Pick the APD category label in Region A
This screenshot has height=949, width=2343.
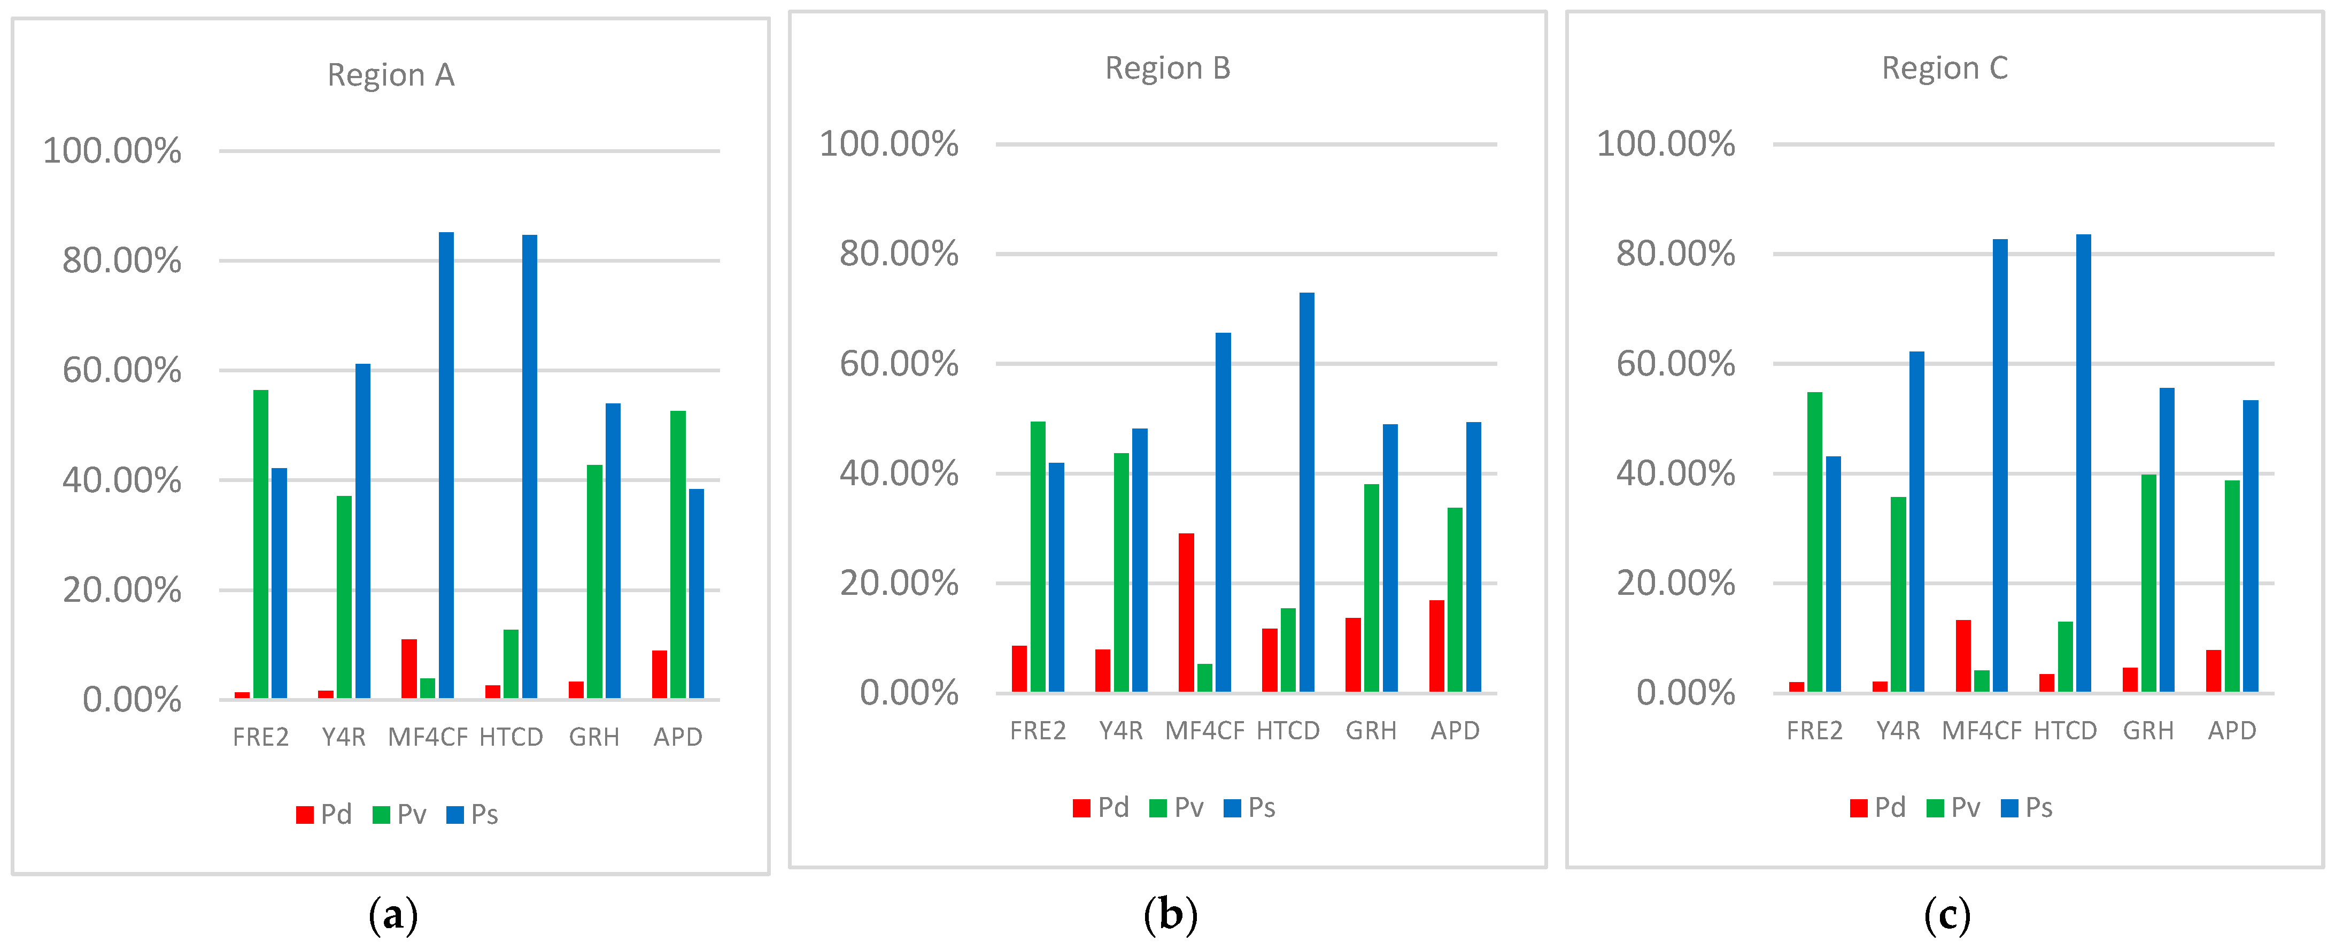point(678,737)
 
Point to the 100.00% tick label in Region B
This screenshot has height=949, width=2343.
point(888,144)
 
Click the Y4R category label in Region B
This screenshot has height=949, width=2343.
point(1120,731)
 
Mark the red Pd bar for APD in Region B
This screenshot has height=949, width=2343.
point(1436,646)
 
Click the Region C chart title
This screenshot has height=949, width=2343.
point(1945,68)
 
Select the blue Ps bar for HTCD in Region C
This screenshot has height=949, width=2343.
point(2083,463)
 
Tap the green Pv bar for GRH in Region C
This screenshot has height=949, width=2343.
point(2148,583)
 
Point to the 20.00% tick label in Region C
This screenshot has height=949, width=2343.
point(1675,583)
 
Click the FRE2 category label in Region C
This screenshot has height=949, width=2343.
point(1814,731)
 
